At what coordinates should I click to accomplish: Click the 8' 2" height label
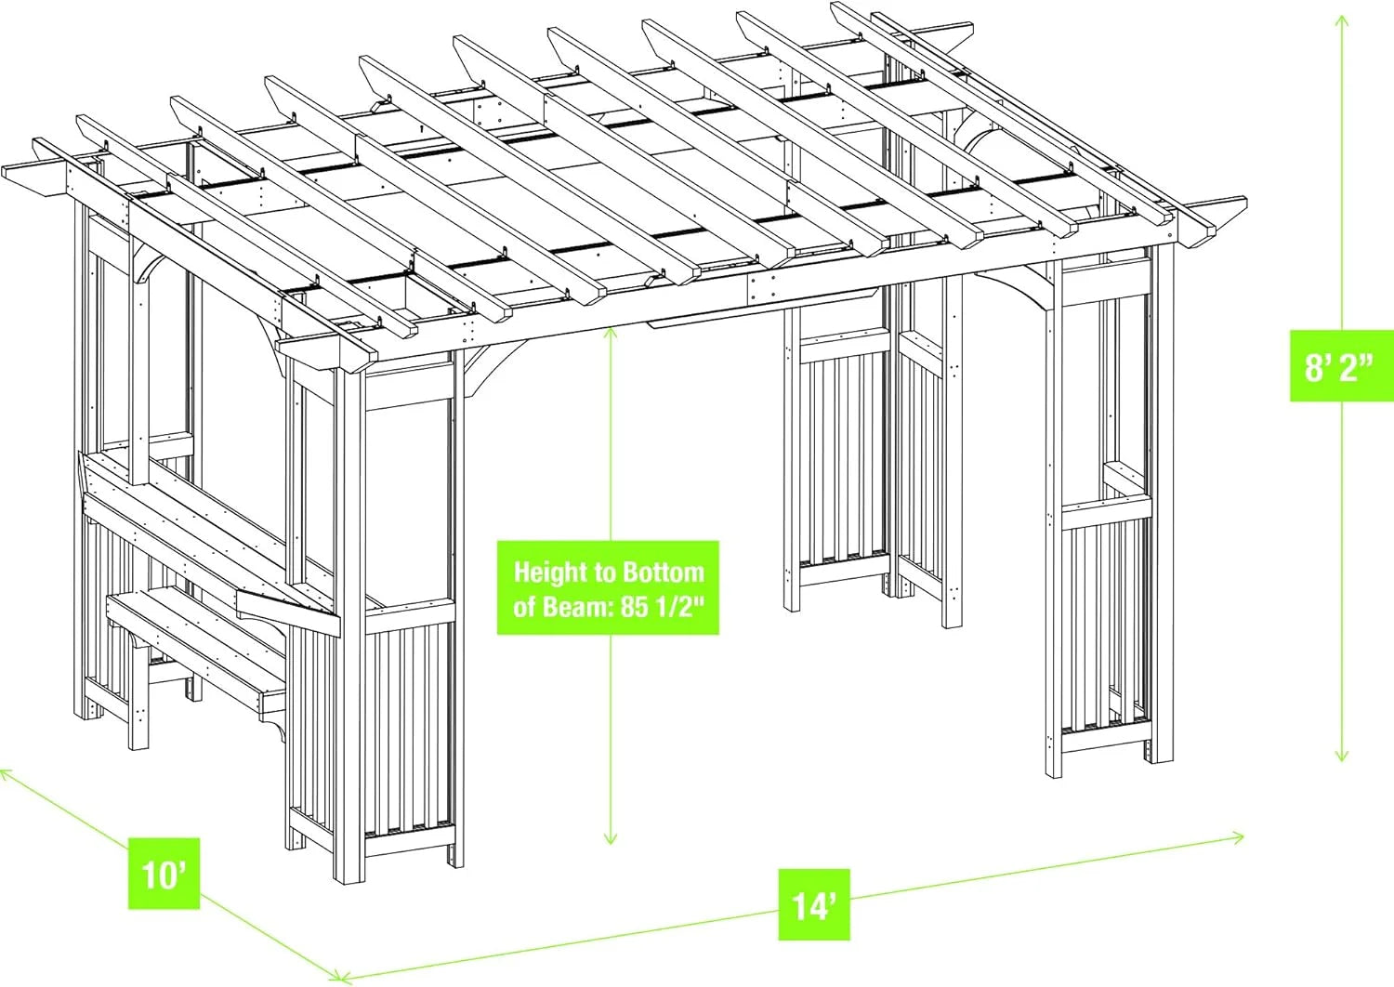[x=1339, y=366]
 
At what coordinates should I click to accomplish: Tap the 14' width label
[x=813, y=904]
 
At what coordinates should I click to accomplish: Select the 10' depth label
[x=164, y=874]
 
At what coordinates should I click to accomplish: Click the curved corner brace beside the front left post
[x=497, y=368]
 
